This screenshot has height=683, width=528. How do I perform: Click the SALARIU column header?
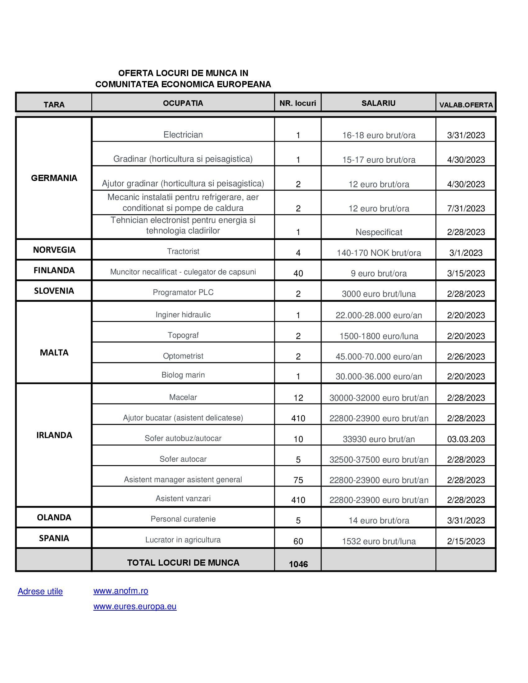pyautogui.click(x=378, y=103)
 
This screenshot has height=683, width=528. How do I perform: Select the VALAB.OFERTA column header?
pyautogui.click(x=466, y=105)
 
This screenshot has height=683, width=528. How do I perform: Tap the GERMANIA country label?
pyautogui.click(x=54, y=178)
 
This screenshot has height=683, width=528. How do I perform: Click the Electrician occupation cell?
pyautogui.click(x=183, y=135)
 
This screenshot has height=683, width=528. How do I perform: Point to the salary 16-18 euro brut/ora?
pyautogui.click(x=379, y=135)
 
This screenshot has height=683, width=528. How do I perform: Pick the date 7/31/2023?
pyautogui.click(x=466, y=209)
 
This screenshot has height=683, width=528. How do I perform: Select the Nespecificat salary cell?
pyautogui.click(x=379, y=232)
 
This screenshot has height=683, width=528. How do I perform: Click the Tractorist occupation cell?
pyautogui.click(x=183, y=251)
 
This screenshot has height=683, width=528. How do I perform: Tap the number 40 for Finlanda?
pyautogui.click(x=298, y=274)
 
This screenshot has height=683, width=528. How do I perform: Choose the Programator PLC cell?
pyautogui.click(x=183, y=292)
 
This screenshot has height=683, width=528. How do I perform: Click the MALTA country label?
pyautogui.click(x=54, y=352)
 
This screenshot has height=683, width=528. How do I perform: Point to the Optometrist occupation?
pyautogui.click(x=183, y=356)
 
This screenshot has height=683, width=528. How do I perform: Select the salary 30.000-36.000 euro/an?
pyautogui.click(x=379, y=377)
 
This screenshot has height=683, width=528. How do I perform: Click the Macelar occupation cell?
pyautogui.click(x=183, y=397)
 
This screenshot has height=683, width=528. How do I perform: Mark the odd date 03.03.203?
pyautogui.click(x=466, y=439)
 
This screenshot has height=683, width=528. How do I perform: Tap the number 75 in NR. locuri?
pyautogui.click(x=298, y=480)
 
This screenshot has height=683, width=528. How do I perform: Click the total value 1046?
pyautogui.click(x=298, y=564)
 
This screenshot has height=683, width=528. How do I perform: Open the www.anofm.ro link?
pyautogui.click(x=121, y=591)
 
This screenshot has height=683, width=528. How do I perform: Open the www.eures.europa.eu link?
pyautogui.click(x=135, y=606)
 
